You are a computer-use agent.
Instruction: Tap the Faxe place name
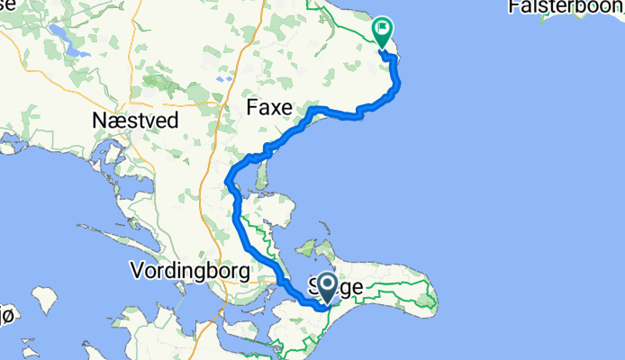[270, 108]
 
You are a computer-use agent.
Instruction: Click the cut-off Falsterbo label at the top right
[566, 7]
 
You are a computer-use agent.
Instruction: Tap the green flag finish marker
[383, 32]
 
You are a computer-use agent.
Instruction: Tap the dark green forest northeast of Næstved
[162, 86]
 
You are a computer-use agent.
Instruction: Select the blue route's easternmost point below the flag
[398, 85]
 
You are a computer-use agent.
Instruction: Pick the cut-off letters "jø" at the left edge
[6, 314]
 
